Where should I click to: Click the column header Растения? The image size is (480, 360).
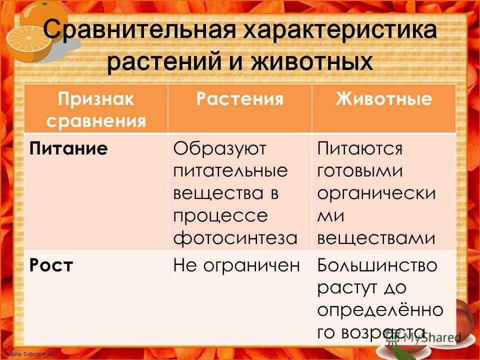pos(239,98)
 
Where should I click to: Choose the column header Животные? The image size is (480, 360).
pos(383,98)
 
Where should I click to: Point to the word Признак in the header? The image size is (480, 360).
pos(96,98)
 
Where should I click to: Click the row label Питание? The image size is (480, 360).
pos(68,148)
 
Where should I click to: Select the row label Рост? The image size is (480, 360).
pos(51,265)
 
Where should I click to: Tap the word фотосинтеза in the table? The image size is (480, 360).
pos(235,237)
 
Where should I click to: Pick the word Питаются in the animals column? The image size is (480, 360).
pos(360,148)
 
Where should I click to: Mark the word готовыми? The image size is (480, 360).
pos(360,171)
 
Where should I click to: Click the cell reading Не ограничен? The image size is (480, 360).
pos(236,265)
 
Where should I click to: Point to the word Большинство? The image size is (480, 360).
pos(377,265)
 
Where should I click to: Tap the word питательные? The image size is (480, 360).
pos(230,171)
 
